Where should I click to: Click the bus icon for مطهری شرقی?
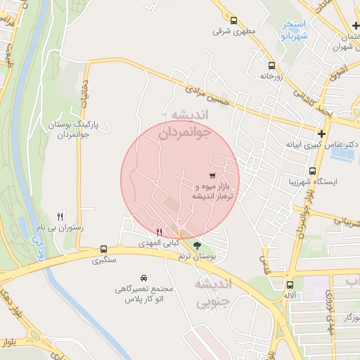tap(236, 21)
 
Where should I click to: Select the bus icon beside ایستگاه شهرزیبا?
tap(312, 171)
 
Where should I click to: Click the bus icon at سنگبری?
tap(104, 249)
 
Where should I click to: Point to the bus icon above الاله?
tap(290, 285)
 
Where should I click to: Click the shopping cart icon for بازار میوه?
tap(212, 175)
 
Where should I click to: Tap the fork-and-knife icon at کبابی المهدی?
tap(160, 232)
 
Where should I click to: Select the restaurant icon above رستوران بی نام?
tap(60, 217)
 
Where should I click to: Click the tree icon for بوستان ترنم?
tap(196, 245)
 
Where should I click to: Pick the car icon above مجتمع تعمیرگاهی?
tap(143, 278)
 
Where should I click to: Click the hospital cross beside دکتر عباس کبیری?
tap(321, 133)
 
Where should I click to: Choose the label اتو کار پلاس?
tap(143, 300)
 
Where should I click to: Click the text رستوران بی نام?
tap(61, 229)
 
